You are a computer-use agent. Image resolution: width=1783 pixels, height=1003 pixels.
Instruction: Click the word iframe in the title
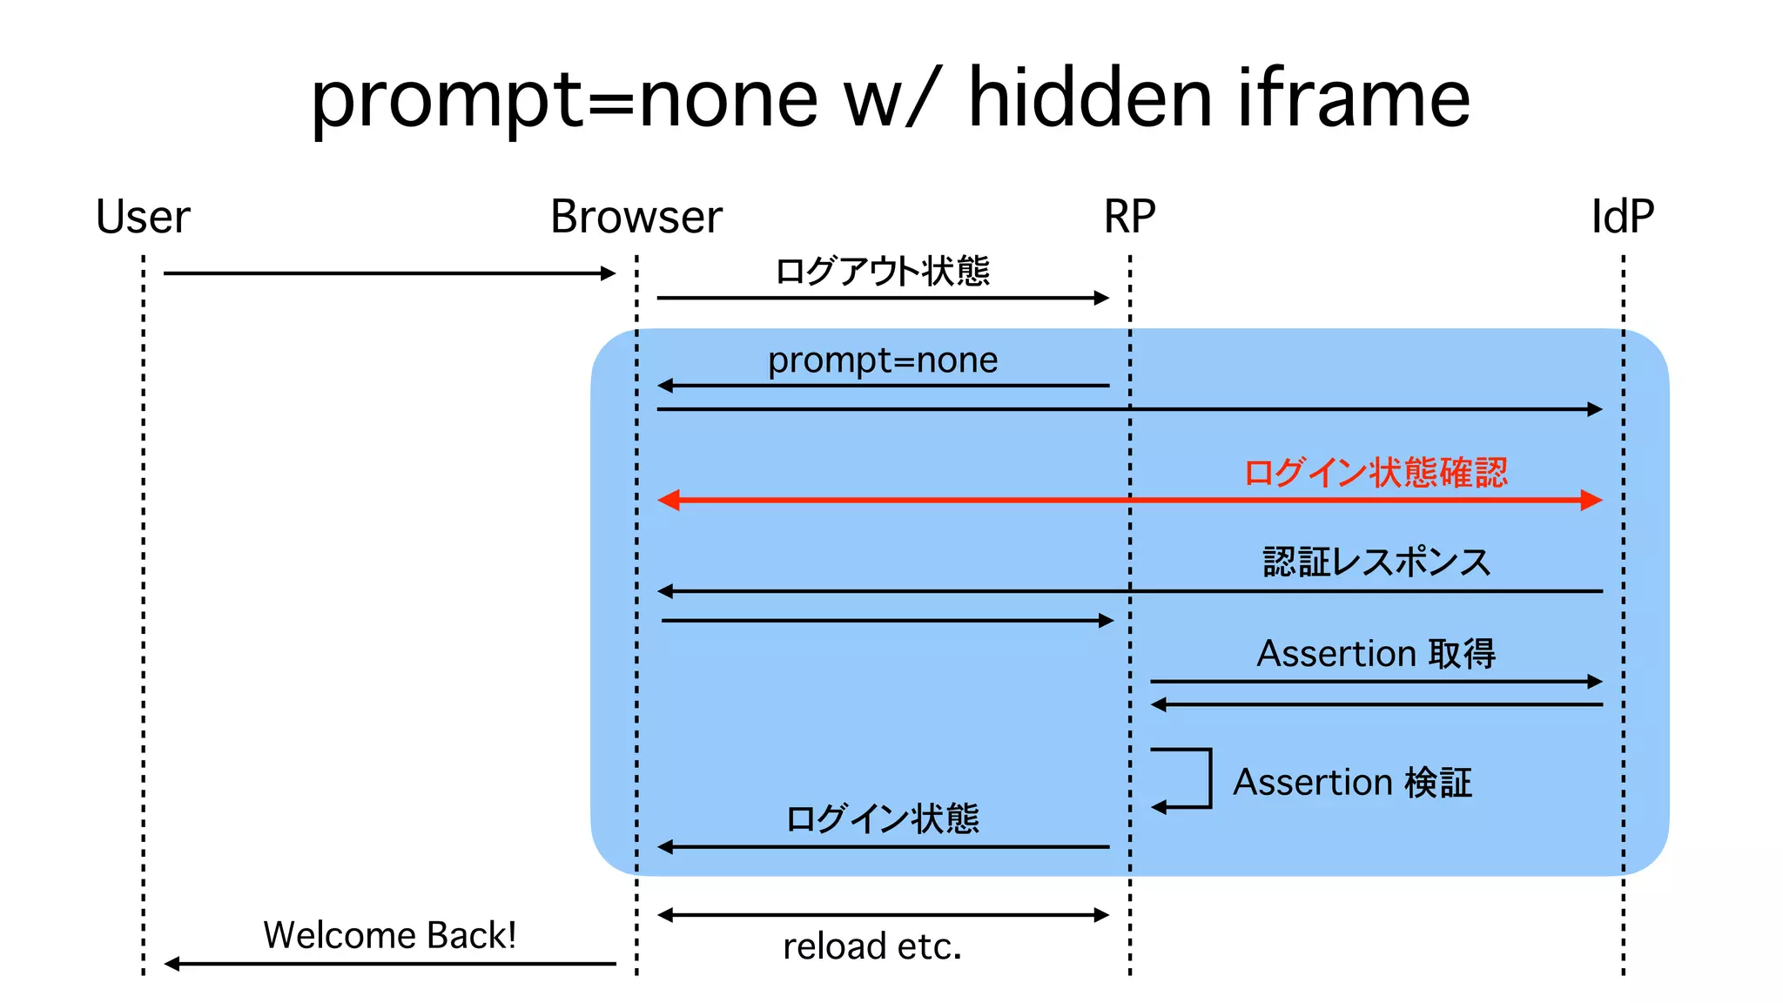[x=1354, y=98]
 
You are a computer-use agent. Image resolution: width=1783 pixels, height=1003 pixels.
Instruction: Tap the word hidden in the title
[x=1090, y=98]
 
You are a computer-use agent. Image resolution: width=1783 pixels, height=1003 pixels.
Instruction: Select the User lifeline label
[x=143, y=217]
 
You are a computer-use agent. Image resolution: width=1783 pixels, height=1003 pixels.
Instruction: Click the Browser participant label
[x=636, y=217]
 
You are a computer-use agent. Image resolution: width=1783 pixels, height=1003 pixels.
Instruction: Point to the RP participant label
[x=1129, y=217]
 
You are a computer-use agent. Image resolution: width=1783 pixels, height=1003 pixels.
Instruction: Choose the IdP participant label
[x=1622, y=217]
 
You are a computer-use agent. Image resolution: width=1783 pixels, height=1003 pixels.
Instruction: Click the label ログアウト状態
[x=882, y=272]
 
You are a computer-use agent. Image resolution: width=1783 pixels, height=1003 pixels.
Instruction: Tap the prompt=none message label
[x=882, y=360]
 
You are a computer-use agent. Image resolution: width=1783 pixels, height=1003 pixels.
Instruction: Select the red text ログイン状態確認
[x=1376, y=473]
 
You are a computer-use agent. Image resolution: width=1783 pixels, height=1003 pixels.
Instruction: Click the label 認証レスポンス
[x=1376, y=562]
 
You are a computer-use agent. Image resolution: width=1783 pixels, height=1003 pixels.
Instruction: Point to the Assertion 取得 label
[x=1376, y=654]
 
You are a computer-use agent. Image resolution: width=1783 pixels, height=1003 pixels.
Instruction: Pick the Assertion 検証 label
[x=1352, y=783]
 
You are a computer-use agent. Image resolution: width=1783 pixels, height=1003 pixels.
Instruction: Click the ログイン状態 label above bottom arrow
[x=882, y=819]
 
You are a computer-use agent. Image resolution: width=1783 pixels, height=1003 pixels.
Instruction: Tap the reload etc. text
[x=872, y=946]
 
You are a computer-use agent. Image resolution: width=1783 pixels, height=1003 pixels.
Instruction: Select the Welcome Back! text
[x=389, y=936]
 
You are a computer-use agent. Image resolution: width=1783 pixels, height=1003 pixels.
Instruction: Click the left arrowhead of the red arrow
[x=669, y=500]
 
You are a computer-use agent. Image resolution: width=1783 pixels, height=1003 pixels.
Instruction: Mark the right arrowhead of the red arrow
[x=1591, y=500]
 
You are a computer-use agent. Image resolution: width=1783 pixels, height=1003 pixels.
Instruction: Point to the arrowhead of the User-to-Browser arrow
[x=609, y=273]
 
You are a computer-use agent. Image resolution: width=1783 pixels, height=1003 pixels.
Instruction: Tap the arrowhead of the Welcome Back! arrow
[x=172, y=964]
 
